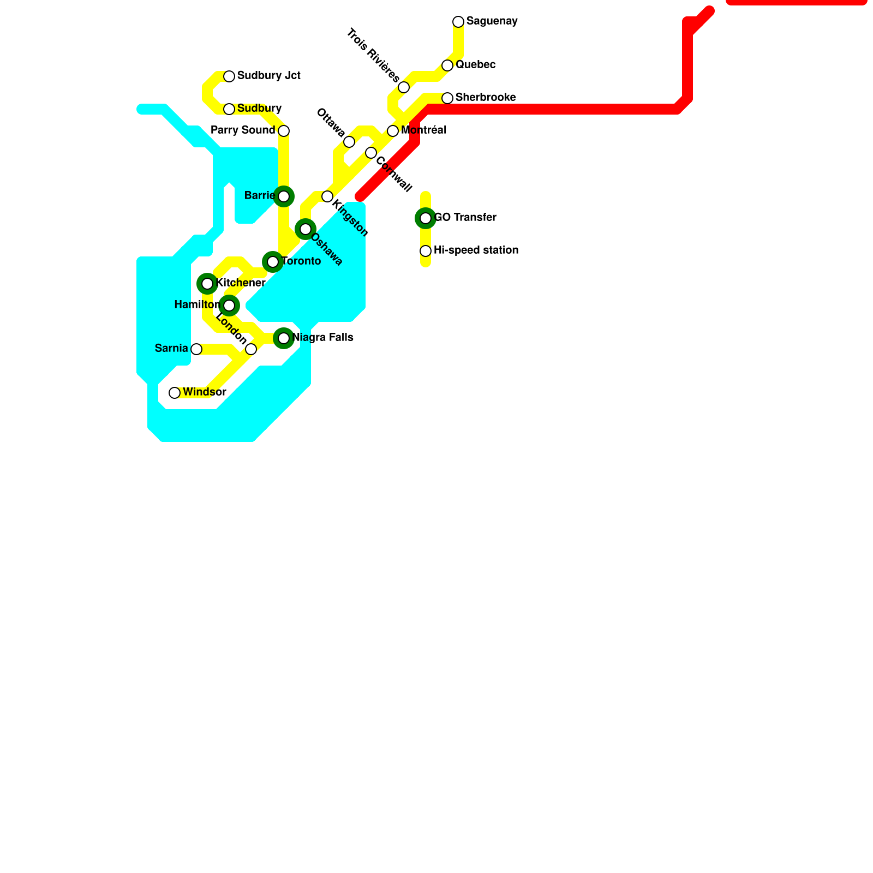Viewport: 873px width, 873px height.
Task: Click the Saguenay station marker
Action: [458, 22]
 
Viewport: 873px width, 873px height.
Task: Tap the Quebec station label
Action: [475, 65]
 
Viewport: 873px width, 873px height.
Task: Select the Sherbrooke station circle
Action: [447, 98]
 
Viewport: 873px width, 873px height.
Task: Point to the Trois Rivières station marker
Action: [404, 87]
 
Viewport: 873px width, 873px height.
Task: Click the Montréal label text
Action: [423, 130]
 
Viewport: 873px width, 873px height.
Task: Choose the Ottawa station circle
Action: [349, 142]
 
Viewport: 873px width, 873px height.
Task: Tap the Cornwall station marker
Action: [371, 153]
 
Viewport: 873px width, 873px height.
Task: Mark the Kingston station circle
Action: [327, 196]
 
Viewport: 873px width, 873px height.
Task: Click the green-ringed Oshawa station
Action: [306, 229]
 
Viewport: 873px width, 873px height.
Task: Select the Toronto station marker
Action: [273, 262]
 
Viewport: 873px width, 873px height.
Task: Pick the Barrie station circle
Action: [284, 196]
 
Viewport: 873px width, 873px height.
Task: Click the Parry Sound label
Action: [243, 130]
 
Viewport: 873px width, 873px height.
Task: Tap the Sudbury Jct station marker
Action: [229, 76]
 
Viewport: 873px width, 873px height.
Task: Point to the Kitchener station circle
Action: [207, 284]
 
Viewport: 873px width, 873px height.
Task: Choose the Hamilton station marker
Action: [229, 306]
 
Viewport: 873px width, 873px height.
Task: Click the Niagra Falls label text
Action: [323, 338]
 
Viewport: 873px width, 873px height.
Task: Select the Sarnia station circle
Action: [196, 349]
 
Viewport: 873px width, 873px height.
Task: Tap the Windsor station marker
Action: [175, 393]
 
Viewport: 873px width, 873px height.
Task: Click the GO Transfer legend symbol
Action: [426, 218]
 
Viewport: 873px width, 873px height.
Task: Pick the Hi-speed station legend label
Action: [476, 250]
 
